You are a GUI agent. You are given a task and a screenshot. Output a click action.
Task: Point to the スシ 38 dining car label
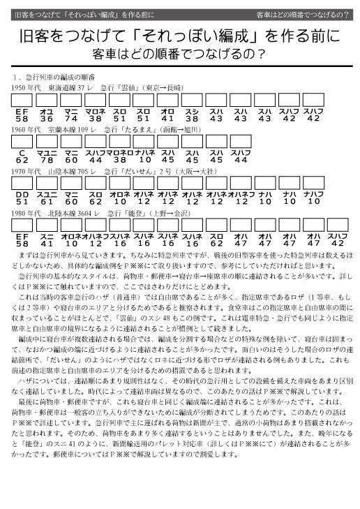193,115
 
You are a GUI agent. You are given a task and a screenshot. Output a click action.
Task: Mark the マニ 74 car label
70,115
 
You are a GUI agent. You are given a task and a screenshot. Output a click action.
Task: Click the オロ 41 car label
168,115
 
